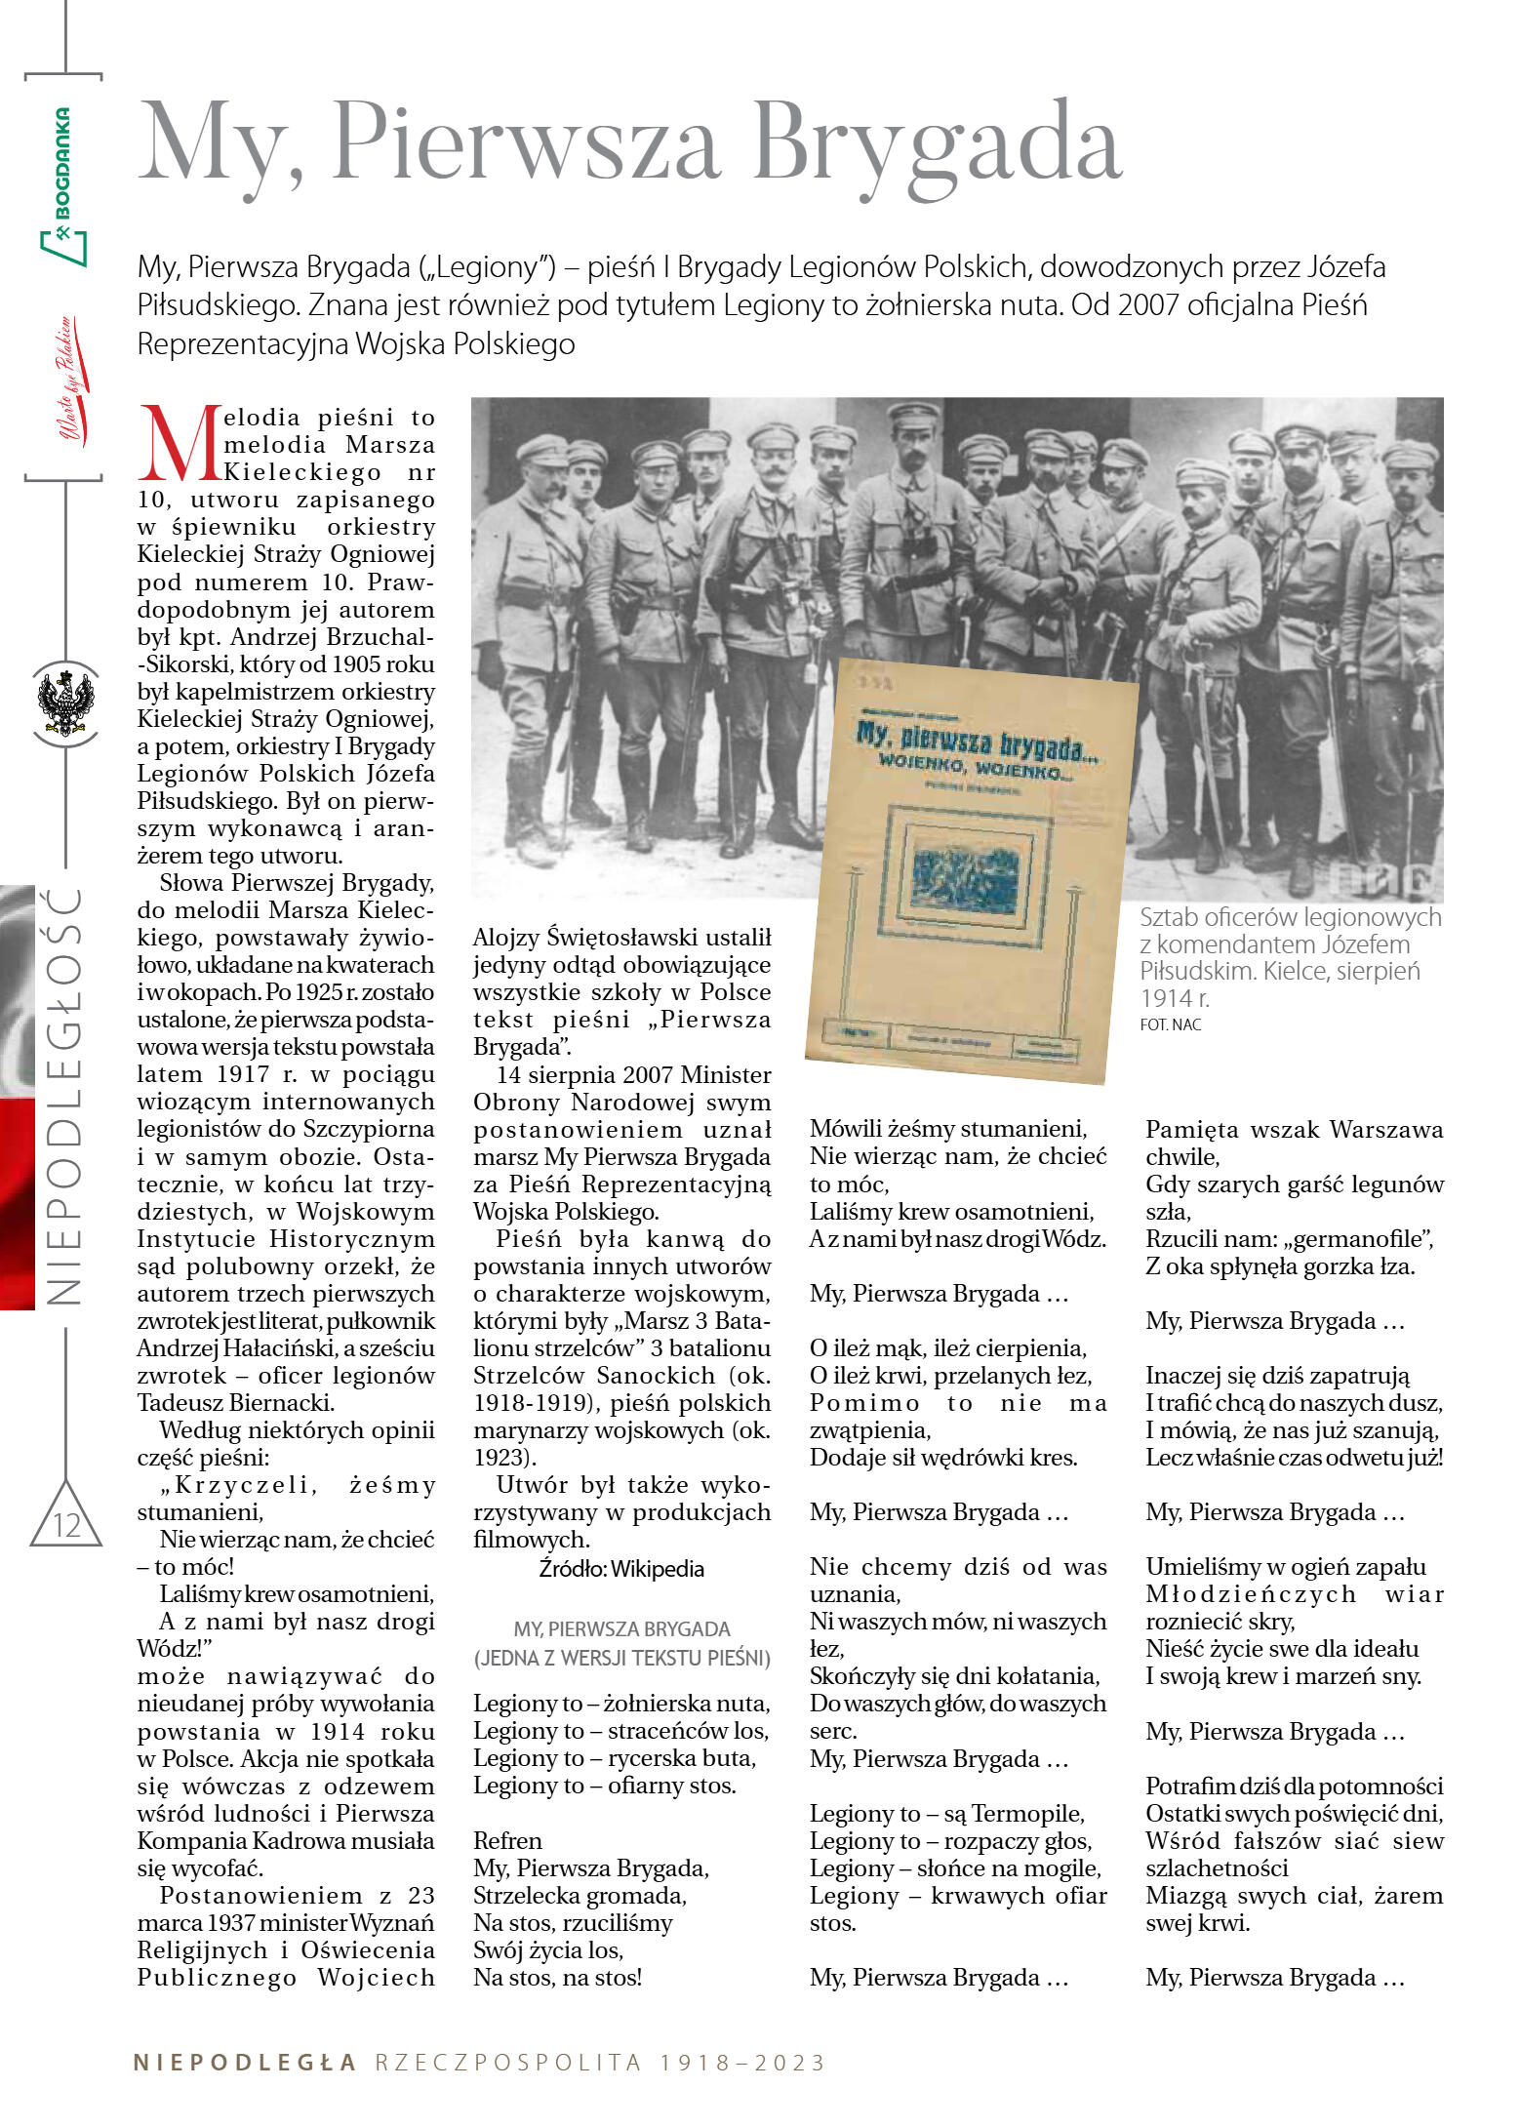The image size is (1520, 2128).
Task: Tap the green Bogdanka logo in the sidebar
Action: coord(62,185)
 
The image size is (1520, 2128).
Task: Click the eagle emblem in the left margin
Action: coord(65,703)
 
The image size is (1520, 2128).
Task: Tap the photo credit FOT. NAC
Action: coord(1171,1024)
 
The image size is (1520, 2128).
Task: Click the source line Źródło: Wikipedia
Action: coord(621,1569)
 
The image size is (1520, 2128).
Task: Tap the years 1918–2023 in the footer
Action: coord(742,2063)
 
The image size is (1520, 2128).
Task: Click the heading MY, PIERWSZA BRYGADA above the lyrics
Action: coord(621,1628)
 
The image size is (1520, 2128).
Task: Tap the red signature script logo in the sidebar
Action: coord(68,381)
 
